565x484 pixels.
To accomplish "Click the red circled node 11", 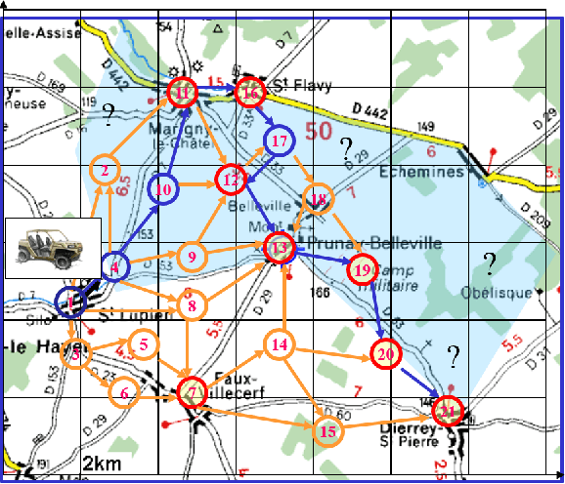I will [x=184, y=93].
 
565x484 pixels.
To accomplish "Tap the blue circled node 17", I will [x=280, y=141].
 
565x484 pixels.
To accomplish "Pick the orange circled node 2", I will [x=104, y=172].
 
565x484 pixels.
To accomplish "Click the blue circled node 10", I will [x=165, y=189].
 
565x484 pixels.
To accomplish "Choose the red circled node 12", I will [x=232, y=179].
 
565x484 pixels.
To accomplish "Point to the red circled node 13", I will [x=281, y=248].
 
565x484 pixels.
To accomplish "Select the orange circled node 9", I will [x=193, y=257].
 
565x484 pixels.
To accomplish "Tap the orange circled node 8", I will [x=193, y=306].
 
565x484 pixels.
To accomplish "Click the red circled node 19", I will [x=363, y=268].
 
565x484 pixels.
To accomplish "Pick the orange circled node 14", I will [x=281, y=343].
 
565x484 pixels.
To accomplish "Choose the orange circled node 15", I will [x=328, y=430].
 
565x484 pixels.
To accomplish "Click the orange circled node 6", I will [x=123, y=392].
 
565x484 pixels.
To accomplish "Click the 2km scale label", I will [x=102, y=464].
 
